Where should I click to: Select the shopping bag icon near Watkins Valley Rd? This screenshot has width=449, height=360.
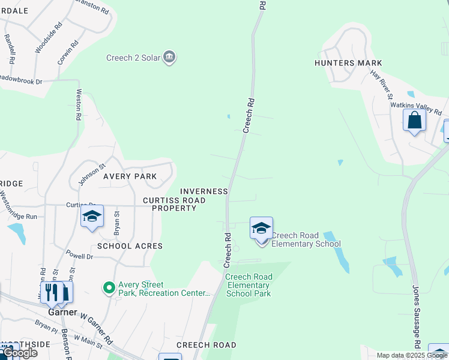point(414,121)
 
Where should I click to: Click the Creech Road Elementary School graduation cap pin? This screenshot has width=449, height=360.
point(261,229)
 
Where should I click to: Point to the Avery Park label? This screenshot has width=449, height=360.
point(130,176)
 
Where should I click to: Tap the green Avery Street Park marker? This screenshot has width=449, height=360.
point(109,289)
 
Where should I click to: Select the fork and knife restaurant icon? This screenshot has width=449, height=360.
point(51,292)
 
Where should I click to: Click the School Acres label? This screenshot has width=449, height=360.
point(130,246)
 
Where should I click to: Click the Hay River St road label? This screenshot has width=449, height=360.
point(381,85)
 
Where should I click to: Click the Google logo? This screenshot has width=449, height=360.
point(19,353)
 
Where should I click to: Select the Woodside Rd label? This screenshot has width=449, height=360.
point(49,38)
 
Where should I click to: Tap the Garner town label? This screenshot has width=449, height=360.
point(63,313)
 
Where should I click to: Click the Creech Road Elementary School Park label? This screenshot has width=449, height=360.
point(249,285)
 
